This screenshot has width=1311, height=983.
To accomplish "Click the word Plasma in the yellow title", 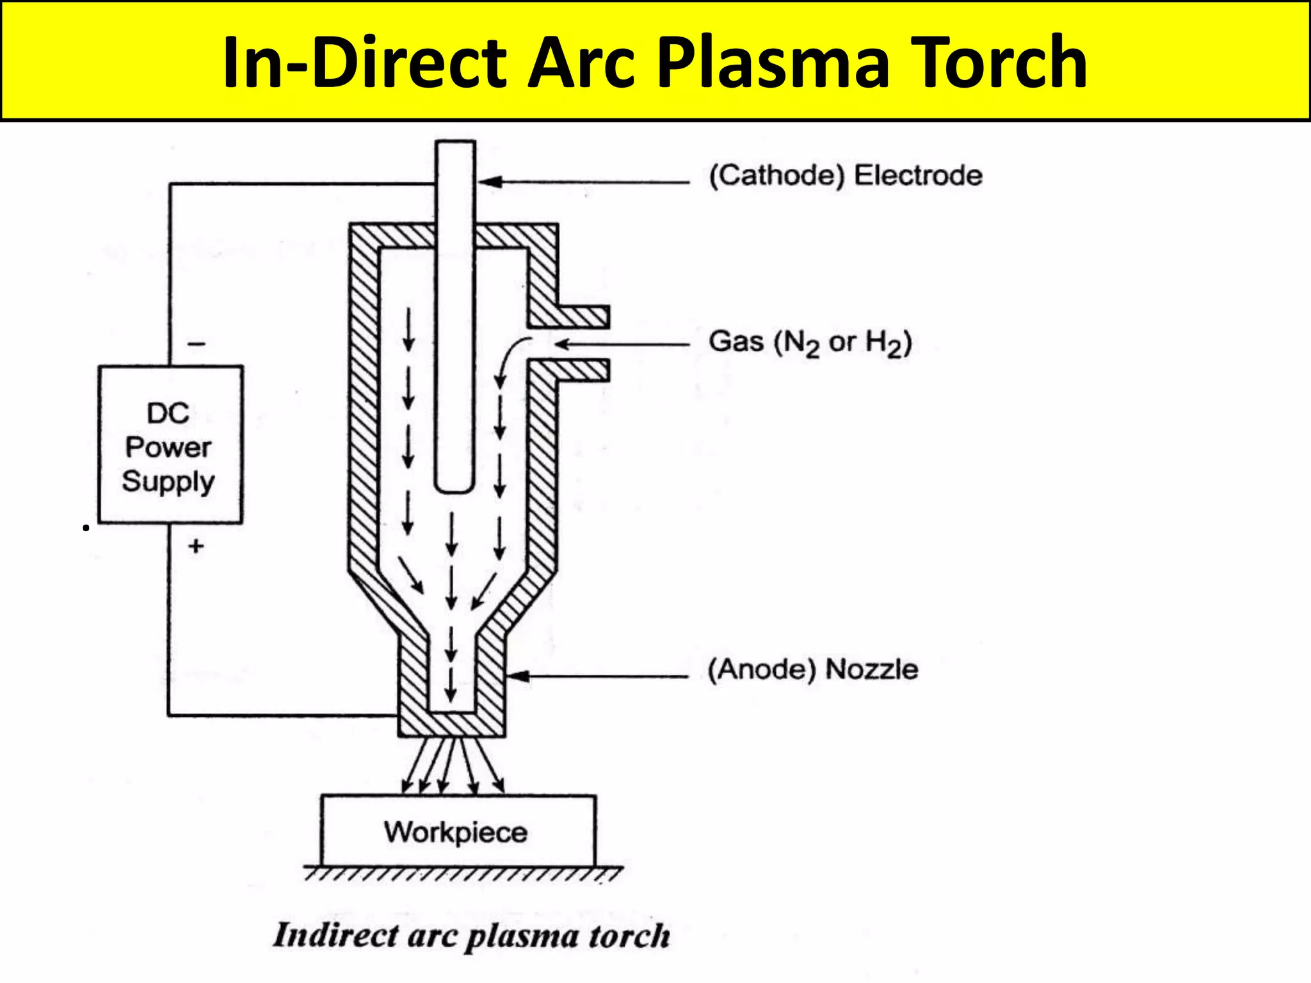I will click(x=773, y=63).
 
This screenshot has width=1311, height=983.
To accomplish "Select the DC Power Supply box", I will click(x=170, y=445).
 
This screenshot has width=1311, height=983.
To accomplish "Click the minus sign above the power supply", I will click(x=197, y=344).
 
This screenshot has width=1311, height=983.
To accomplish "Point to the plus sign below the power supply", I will click(x=196, y=546).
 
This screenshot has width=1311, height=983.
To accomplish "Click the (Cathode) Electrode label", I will click(x=846, y=175).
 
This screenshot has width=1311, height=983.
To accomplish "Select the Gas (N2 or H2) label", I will click(x=810, y=342).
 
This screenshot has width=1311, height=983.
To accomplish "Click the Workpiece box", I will click(x=458, y=831).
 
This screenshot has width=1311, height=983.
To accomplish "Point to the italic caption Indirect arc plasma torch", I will click(x=472, y=936).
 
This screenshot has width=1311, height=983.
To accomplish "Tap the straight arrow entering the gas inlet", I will click(x=621, y=344).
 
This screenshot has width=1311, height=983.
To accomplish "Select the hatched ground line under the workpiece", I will click(x=462, y=873).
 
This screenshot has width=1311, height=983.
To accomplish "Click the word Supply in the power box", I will click(x=168, y=481).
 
